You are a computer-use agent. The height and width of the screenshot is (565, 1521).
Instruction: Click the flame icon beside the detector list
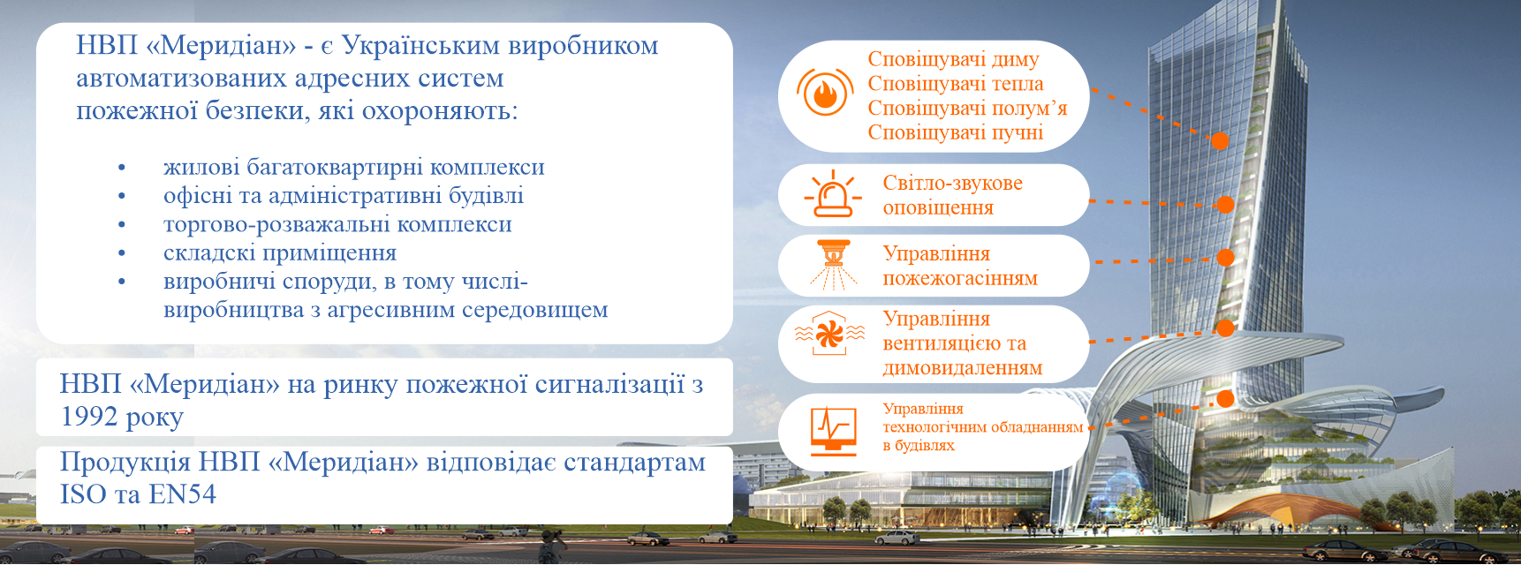click(x=825, y=93)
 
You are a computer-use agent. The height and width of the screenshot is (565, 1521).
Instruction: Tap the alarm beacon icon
click(x=832, y=194)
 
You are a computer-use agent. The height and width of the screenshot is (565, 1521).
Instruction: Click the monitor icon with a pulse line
click(x=834, y=431)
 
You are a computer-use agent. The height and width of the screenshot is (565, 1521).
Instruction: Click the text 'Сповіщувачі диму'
click(x=953, y=59)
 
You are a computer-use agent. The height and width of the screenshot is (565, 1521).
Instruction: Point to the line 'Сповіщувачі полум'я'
click(x=967, y=108)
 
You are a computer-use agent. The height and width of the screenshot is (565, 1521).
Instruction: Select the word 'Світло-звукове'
click(x=953, y=183)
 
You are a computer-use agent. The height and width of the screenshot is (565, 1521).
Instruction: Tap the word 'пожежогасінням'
click(x=960, y=278)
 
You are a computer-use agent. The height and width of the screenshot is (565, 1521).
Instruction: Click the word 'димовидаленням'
click(x=963, y=368)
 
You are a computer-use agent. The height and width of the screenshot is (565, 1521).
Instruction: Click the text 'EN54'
click(x=182, y=494)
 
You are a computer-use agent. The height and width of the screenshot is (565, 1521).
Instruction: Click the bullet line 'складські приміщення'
click(x=280, y=252)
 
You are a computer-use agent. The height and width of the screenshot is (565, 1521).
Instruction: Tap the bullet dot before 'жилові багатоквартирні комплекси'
click(x=122, y=168)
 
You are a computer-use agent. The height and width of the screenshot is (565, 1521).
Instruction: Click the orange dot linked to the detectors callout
click(x=1220, y=140)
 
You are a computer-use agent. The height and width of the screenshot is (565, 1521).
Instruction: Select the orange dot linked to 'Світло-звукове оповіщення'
click(x=1225, y=204)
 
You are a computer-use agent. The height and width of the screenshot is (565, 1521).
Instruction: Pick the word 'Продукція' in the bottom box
click(x=125, y=463)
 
